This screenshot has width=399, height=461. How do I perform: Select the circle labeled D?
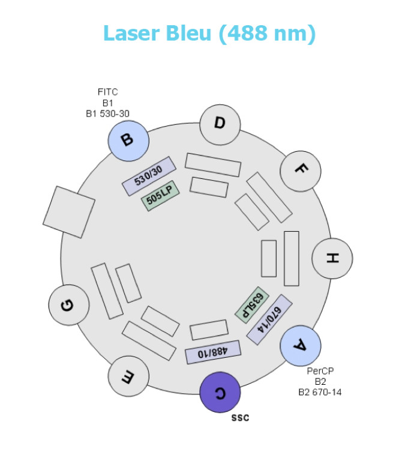pos(220,125)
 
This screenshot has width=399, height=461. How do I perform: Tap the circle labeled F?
pos(300,169)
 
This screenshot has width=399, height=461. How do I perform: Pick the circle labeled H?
pos(332,258)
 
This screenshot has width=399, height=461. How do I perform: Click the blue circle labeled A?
pos(300,346)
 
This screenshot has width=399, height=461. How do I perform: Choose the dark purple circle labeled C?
pos(220,393)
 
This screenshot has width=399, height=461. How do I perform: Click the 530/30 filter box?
pos(148,176)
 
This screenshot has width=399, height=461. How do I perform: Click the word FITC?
pos(108,92)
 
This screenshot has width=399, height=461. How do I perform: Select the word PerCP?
pos(319,372)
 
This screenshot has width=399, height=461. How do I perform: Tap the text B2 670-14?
pos(320,393)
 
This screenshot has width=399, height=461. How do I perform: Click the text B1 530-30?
pos(108,112)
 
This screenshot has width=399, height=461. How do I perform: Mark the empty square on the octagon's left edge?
pos(69,211)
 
